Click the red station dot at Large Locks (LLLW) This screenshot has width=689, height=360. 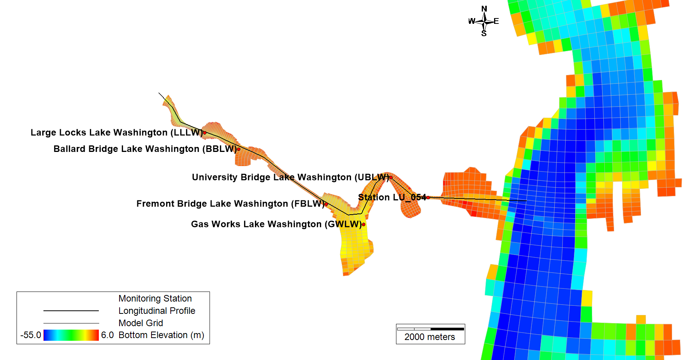pos(205,133)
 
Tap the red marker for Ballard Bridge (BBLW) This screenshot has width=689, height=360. pos(239,149)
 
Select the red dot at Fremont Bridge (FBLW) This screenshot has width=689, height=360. pos(326,204)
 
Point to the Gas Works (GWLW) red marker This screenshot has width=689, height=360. pos(363,224)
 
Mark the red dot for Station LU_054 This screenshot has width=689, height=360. pos(428,198)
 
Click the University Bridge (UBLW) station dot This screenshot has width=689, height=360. pos(391,177)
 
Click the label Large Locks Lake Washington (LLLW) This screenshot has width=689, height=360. pos(116,133)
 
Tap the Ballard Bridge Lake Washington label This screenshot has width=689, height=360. pos(145,149)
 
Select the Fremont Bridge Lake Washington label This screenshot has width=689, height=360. pos(230,204)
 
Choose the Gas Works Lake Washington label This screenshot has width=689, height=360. pos(276,224)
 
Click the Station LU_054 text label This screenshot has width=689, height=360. pos(392,198)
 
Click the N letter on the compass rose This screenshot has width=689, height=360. pos(484,9)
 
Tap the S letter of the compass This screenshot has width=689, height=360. pos(484,34)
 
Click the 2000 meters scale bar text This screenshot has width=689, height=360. pos(429,337)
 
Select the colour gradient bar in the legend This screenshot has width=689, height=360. pos(71,335)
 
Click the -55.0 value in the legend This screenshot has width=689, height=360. pos(31,335)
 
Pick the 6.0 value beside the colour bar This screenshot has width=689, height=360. pos(107,335)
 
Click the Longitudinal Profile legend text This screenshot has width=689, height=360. pos(156,311)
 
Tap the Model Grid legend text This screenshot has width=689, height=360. pos(140,323)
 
